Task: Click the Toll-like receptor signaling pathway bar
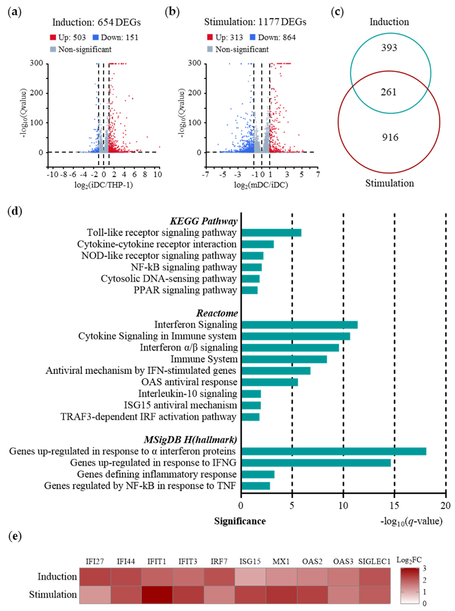271,233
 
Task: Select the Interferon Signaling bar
299,325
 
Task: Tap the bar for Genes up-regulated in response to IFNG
316,463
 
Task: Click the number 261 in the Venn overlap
389,92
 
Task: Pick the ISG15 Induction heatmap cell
250,577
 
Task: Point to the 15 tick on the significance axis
394,505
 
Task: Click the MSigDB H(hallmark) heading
190,440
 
